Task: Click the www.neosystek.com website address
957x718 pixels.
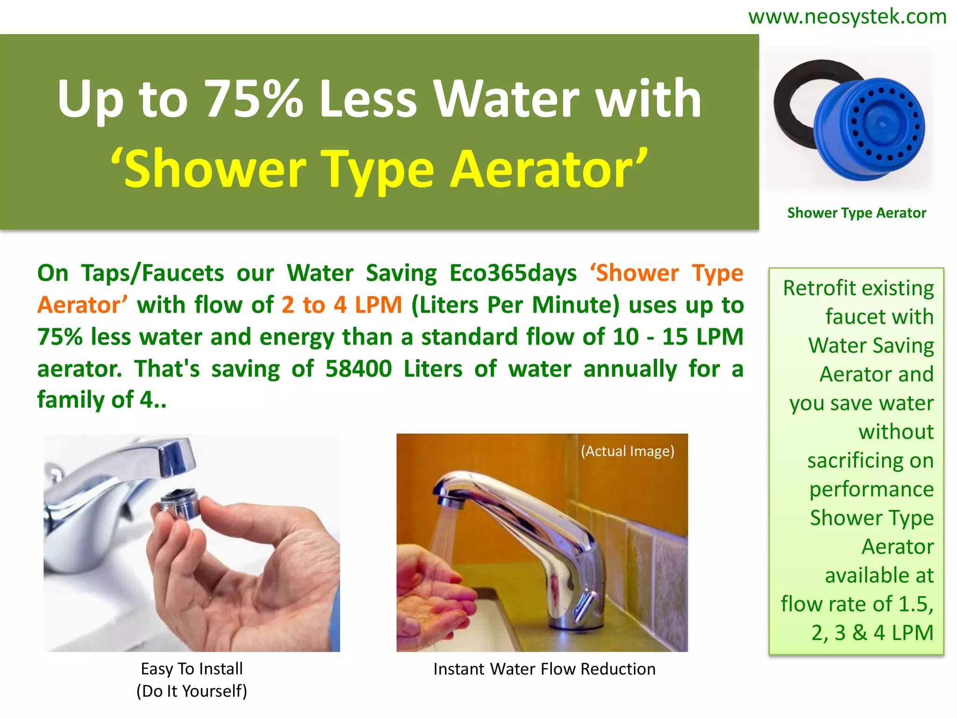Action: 847,17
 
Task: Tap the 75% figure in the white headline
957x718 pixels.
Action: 254,99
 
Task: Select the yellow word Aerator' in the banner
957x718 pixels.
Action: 549,169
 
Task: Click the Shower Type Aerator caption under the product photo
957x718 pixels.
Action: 856,213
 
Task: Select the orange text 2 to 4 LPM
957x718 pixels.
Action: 342,305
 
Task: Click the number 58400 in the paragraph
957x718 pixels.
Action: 358,369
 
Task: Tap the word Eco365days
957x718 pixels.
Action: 513,273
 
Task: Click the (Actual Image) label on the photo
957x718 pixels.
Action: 627,451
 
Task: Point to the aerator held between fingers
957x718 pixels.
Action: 180,505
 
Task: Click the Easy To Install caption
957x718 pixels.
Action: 192,669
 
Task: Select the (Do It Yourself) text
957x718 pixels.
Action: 192,691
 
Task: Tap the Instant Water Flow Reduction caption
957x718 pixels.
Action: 544,669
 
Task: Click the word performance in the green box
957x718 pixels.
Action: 871,489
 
